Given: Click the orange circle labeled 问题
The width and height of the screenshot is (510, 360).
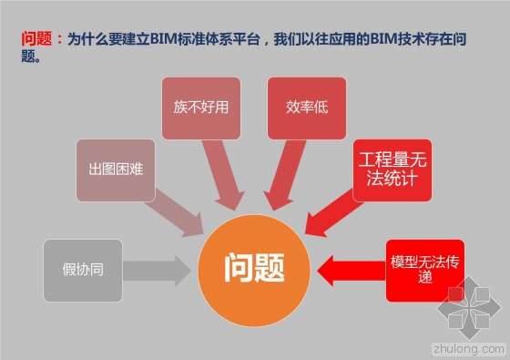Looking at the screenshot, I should tap(255, 267).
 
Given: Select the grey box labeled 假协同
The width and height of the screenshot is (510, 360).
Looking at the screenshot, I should tap(82, 271).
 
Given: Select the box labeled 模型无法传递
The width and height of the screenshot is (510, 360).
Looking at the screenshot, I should tap(425, 271).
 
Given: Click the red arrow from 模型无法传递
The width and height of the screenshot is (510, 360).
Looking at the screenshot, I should tap(351, 271).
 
